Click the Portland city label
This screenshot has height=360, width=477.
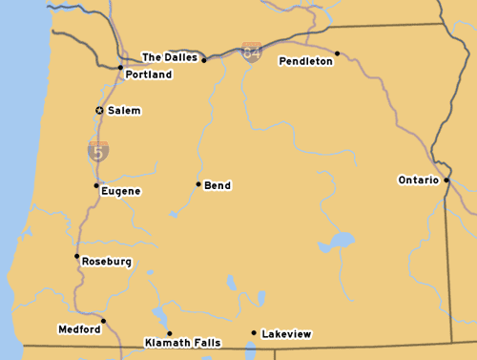(149, 74)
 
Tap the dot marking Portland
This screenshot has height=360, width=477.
(119, 68)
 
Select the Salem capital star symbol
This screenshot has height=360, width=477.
(99, 111)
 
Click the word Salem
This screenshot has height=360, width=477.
(124, 111)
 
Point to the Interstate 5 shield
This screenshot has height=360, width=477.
(98, 150)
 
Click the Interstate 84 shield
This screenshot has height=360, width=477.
(252, 53)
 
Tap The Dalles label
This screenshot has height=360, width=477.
(169, 57)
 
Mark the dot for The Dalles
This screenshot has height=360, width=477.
(203, 60)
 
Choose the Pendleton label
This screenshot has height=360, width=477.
(305, 61)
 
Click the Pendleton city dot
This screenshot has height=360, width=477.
(337, 53)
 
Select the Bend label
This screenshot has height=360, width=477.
(218, 185)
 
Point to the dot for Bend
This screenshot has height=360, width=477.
(198, 184)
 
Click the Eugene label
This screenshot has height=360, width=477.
(121, 191)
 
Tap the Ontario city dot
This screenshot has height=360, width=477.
(446, 179)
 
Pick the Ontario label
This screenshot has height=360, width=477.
(418, 180)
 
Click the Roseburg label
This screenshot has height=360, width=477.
(107, 262)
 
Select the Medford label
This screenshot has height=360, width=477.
(79, 329)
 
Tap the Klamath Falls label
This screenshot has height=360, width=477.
(182, 342)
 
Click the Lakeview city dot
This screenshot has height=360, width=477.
(253, 333)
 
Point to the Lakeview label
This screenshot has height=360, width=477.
(286, 334)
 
